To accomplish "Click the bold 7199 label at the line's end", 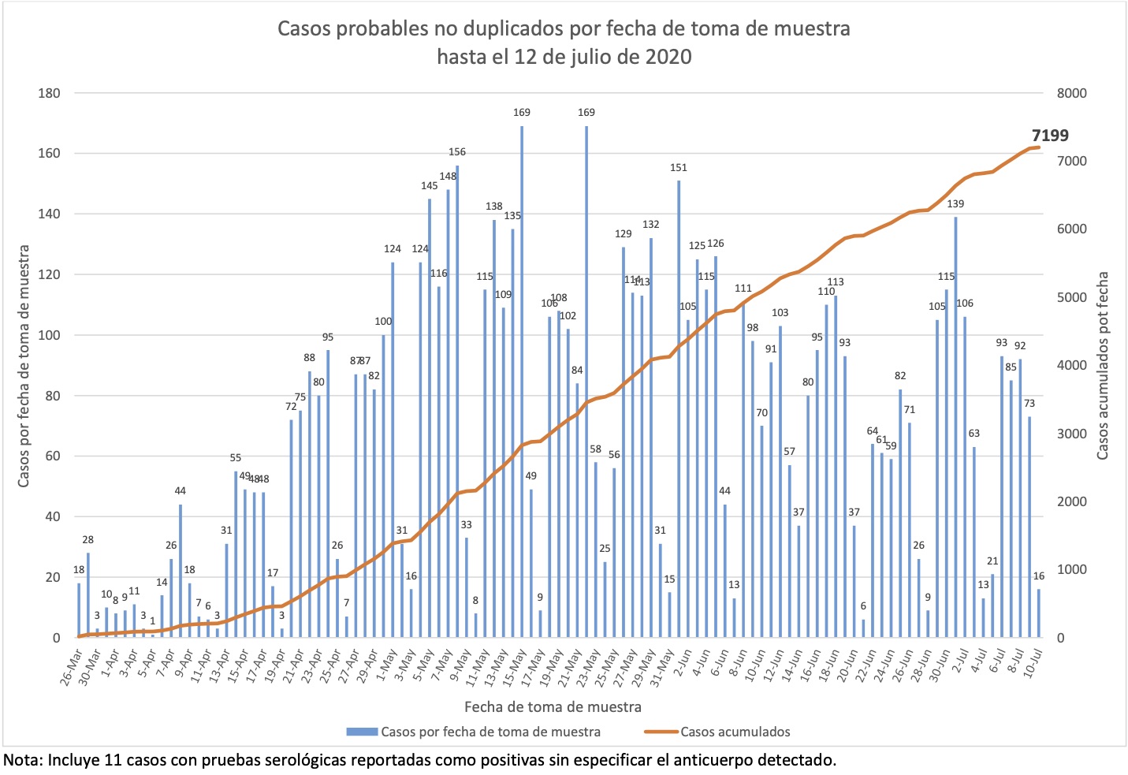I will [x=1050, y=136].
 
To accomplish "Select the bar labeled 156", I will [x=457, y=402].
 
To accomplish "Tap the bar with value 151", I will [x=679, y=409].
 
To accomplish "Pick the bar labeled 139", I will [x=955, y=427].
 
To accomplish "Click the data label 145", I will [x=430, y=186].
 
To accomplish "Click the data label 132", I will [x=650, y=225].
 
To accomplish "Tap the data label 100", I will [x=383, y=322].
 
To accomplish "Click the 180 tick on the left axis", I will [x=49, y=93].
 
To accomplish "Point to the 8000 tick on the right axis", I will [x=1071, y=93].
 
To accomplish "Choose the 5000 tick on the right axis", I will [x=1071, y=297].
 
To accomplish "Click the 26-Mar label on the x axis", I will [x=70, y=666].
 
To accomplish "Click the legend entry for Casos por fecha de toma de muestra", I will [x=490, y=732].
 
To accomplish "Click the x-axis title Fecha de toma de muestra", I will [x=553, y=706].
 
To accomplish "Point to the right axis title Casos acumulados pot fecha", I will [x=1103, y=366].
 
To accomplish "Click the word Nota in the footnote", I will [x=23, y=761].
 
